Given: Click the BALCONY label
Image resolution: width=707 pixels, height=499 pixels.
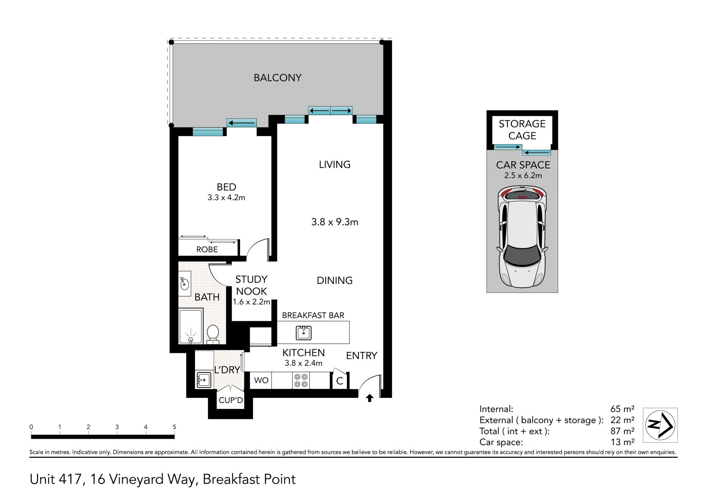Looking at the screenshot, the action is click(278, 78).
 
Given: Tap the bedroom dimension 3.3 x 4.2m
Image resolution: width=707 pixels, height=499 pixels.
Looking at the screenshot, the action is click(226, 197).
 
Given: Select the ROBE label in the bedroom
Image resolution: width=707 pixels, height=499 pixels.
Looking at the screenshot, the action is click(207, 249).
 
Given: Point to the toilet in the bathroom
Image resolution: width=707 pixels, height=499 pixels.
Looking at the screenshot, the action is click(213, 334).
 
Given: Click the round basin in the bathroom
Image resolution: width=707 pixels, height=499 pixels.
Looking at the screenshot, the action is click(184, 284).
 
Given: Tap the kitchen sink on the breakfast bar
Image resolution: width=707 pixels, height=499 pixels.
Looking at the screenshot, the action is click(304, 333).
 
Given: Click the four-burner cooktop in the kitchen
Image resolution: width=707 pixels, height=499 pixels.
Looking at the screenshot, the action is click(301, 380).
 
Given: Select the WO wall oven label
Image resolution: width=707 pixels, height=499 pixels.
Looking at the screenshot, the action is click(261, 380).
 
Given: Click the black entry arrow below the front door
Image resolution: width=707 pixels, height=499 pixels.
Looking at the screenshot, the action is click(370, 398).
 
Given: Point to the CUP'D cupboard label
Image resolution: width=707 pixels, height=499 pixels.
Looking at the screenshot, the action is click(231, 400).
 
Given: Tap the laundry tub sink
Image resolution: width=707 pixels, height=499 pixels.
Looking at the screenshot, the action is click(204, 379).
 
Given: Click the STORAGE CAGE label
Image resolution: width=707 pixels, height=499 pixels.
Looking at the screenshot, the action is click(522, 129).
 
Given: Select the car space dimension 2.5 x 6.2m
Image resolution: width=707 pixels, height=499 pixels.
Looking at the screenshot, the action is click(523, 175).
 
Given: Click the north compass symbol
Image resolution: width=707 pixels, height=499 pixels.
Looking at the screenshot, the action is click(660, 425).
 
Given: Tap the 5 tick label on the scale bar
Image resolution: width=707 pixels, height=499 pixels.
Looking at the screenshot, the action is click(175, 427).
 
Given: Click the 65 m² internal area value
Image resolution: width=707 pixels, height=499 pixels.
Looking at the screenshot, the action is click(622, 409).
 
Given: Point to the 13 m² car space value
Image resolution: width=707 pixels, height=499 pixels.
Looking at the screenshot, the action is click(622, 442).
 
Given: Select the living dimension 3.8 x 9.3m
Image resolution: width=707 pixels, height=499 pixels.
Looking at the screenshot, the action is click(335, 222).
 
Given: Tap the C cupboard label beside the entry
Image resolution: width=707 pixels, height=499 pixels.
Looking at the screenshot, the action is click(340, 381).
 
